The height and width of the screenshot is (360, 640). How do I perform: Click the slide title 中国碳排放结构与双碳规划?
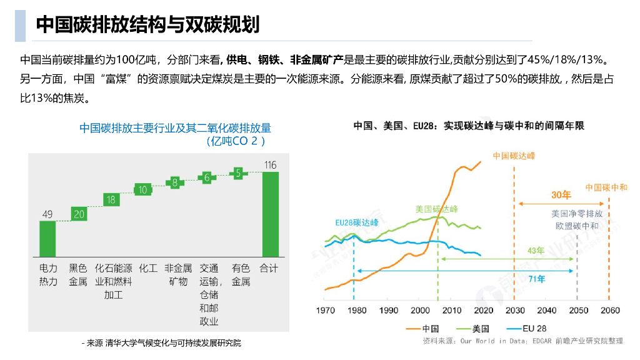[147, 24]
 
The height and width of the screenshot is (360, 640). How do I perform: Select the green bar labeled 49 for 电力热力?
[47, 238]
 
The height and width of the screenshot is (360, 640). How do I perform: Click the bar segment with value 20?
[78, 214]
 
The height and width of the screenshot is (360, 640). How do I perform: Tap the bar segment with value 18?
[111, 200]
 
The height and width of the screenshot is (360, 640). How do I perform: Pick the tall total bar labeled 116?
[270, 214]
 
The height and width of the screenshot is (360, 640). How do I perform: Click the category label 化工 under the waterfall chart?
[148, 269]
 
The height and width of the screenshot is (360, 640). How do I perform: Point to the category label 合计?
[269, 269]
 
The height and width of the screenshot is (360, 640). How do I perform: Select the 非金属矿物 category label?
[178, 275]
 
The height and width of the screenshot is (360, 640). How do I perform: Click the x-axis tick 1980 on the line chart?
[357, 311]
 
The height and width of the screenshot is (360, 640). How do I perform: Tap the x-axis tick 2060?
[609, 311]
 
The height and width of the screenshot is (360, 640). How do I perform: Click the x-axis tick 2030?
[515, 311]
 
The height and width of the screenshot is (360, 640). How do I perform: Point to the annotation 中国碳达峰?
[513, 156]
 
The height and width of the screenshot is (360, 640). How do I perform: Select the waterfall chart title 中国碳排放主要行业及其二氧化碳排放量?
[176, 128]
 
